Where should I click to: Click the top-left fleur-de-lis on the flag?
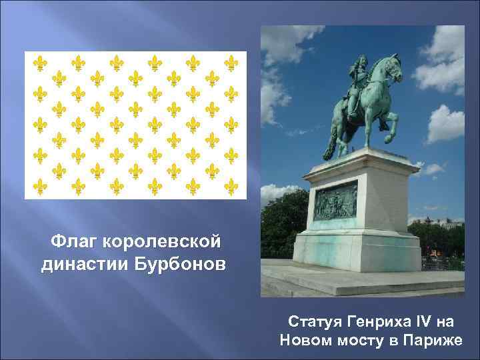[x=41, y=63]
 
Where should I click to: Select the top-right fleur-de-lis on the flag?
[x=231, y=63]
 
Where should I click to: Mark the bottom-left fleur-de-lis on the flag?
[x=41, y=185]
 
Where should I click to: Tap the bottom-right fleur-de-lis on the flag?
[x=231, y=185]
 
